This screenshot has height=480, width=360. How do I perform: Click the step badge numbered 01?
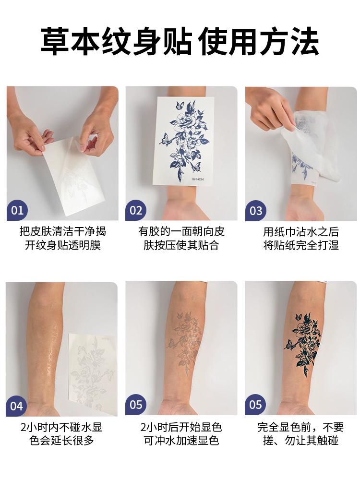(x=17, y=210)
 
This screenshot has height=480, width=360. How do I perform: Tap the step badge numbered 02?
(x=136, y=210)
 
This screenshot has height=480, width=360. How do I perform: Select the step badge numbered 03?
(x=256, y=211)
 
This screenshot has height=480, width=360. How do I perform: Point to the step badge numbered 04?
(x=16, y=406)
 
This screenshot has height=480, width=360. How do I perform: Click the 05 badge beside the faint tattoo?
(x=136, y=405)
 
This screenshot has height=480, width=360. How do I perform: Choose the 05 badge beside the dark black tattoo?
(x=256, y=405)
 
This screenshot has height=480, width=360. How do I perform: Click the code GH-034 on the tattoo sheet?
(x=197, y=179)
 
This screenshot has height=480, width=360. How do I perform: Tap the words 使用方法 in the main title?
(x=259, y=41)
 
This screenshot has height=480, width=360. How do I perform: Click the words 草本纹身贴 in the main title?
(x=117, y=41)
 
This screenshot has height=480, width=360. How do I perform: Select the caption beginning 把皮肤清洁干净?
(x=63, y=238)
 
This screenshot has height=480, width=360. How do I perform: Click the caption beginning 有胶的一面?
(x=181, y=238)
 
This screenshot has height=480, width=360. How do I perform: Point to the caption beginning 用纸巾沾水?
(x=301, y=238)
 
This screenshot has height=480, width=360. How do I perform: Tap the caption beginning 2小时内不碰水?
(x=61, y=434)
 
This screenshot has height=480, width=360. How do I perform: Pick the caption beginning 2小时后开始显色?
(x=181, y=434)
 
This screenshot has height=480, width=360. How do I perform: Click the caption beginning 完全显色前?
(x=301, y=434)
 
